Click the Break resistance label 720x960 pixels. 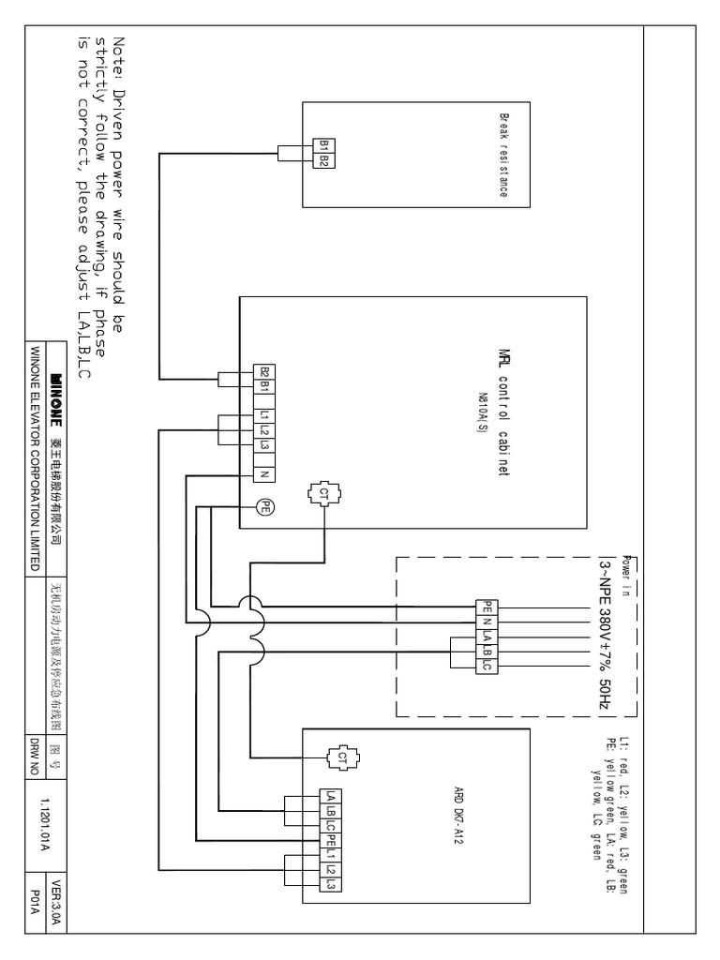coord(502,156)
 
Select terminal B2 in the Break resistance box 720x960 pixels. coord(323,160)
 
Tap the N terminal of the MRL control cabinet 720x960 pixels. coord(264,473)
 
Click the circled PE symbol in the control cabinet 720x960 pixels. coord(264,506)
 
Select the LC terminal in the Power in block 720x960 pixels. coord(487,664)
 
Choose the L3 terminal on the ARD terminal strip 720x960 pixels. coord(330,884)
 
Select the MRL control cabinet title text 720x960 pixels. coord(502,412)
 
